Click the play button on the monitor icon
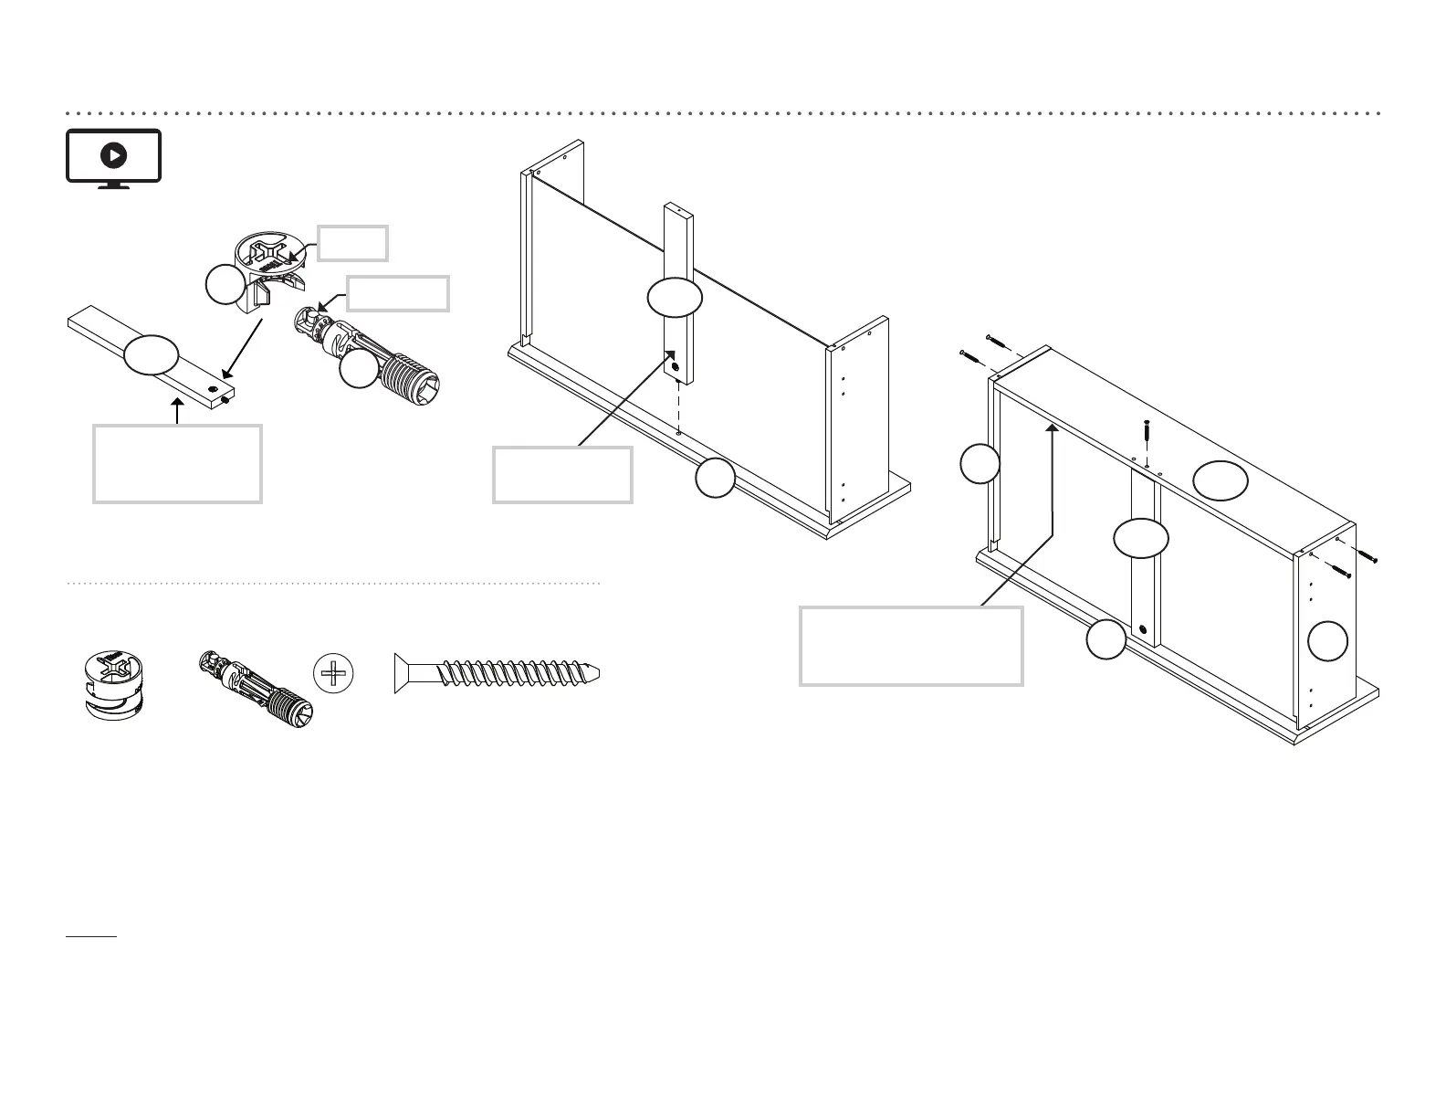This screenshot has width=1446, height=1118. (113, 156)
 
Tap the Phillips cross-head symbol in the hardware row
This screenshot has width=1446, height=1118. (332, 673)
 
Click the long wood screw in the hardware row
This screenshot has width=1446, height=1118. (498, 674)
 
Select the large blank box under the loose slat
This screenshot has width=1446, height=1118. (177, 463)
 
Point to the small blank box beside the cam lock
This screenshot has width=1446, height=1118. (352, 243)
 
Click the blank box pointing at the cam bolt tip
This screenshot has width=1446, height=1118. (399, 294)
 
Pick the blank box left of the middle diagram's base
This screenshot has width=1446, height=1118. (562, 474)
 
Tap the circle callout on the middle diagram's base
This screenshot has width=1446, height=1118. (715, 479)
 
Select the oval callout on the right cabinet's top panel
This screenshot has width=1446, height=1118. (1221, 480)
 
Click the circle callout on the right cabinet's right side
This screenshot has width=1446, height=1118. (1327, 640)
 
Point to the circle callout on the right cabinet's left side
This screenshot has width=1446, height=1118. (980, 463)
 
